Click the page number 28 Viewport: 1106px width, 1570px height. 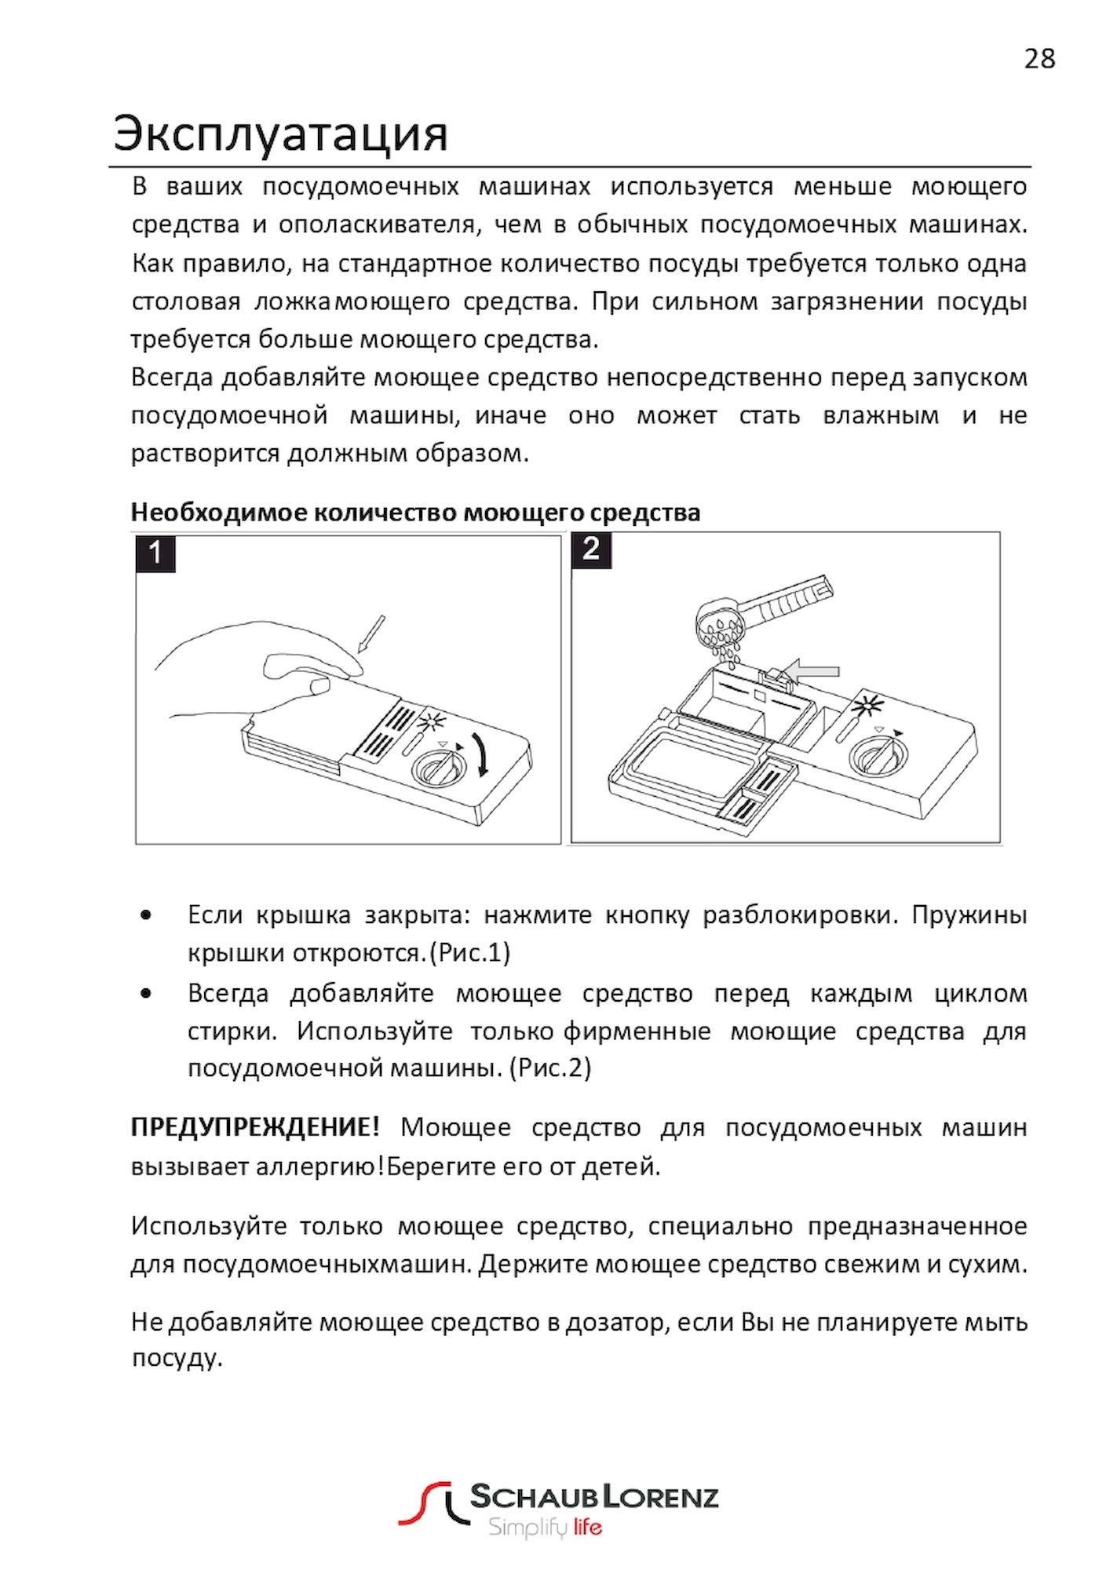point(1039,59)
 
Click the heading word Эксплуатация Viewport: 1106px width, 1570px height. point(280,133)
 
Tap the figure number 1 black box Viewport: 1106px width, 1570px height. point(155,553)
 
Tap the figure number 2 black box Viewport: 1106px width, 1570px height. point(591,549)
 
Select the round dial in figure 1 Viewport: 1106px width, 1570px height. point(435,766)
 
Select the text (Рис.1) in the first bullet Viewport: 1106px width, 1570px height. point(469,953)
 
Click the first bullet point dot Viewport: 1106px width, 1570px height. point(145,915)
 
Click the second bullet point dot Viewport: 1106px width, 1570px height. point(145,993)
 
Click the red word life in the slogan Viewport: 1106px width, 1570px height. point(587,1527)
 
